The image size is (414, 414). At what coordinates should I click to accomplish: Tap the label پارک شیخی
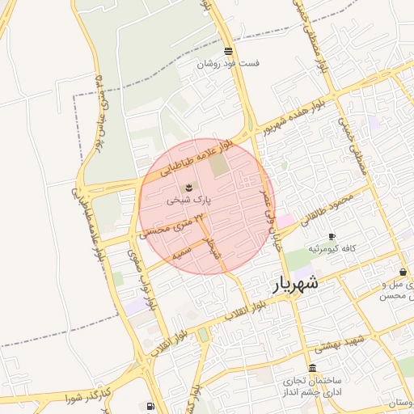pos(189,198)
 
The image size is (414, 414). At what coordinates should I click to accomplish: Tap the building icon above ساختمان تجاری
pos(313,368)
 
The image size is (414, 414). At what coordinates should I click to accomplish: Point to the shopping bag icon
pos(403,272)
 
